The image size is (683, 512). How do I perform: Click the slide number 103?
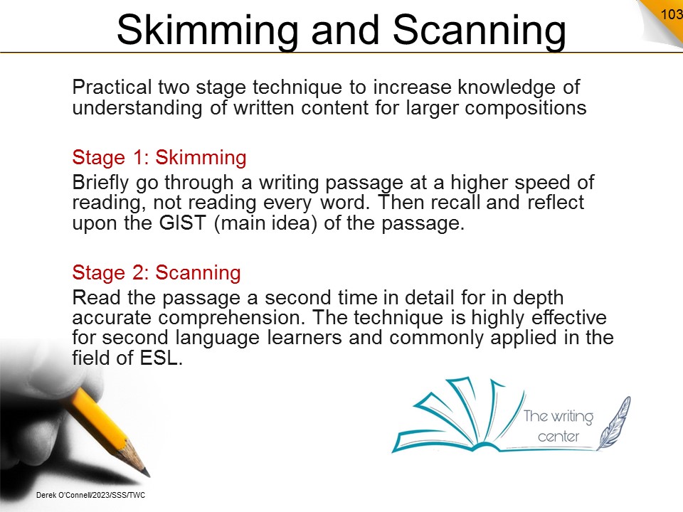[672, 14]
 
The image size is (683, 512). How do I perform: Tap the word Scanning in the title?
[479, 31]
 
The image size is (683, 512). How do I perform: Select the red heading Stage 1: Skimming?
[159, 157]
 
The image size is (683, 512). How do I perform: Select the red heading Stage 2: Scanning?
[157, 272]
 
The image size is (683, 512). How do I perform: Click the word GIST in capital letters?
[182, 223]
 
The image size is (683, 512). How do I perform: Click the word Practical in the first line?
[112, 87]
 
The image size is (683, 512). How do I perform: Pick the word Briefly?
[100, 183]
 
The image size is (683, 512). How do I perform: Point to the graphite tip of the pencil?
[145, 471]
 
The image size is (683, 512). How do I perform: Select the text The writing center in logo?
[558, 426]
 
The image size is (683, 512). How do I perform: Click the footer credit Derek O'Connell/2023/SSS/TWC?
[90, 495]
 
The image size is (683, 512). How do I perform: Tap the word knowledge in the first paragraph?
[506, 87]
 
